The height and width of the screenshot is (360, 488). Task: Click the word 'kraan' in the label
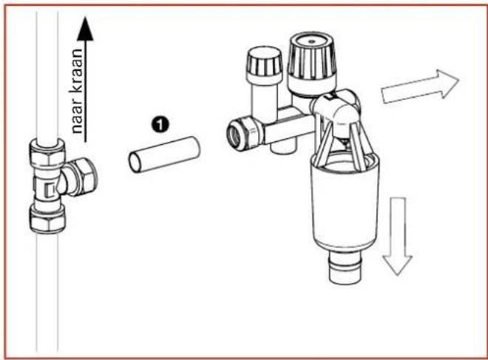tap(77, 79)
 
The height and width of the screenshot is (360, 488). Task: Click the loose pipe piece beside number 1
tap(165, 153)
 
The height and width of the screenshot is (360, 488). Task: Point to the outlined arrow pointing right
tap(419, 86)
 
